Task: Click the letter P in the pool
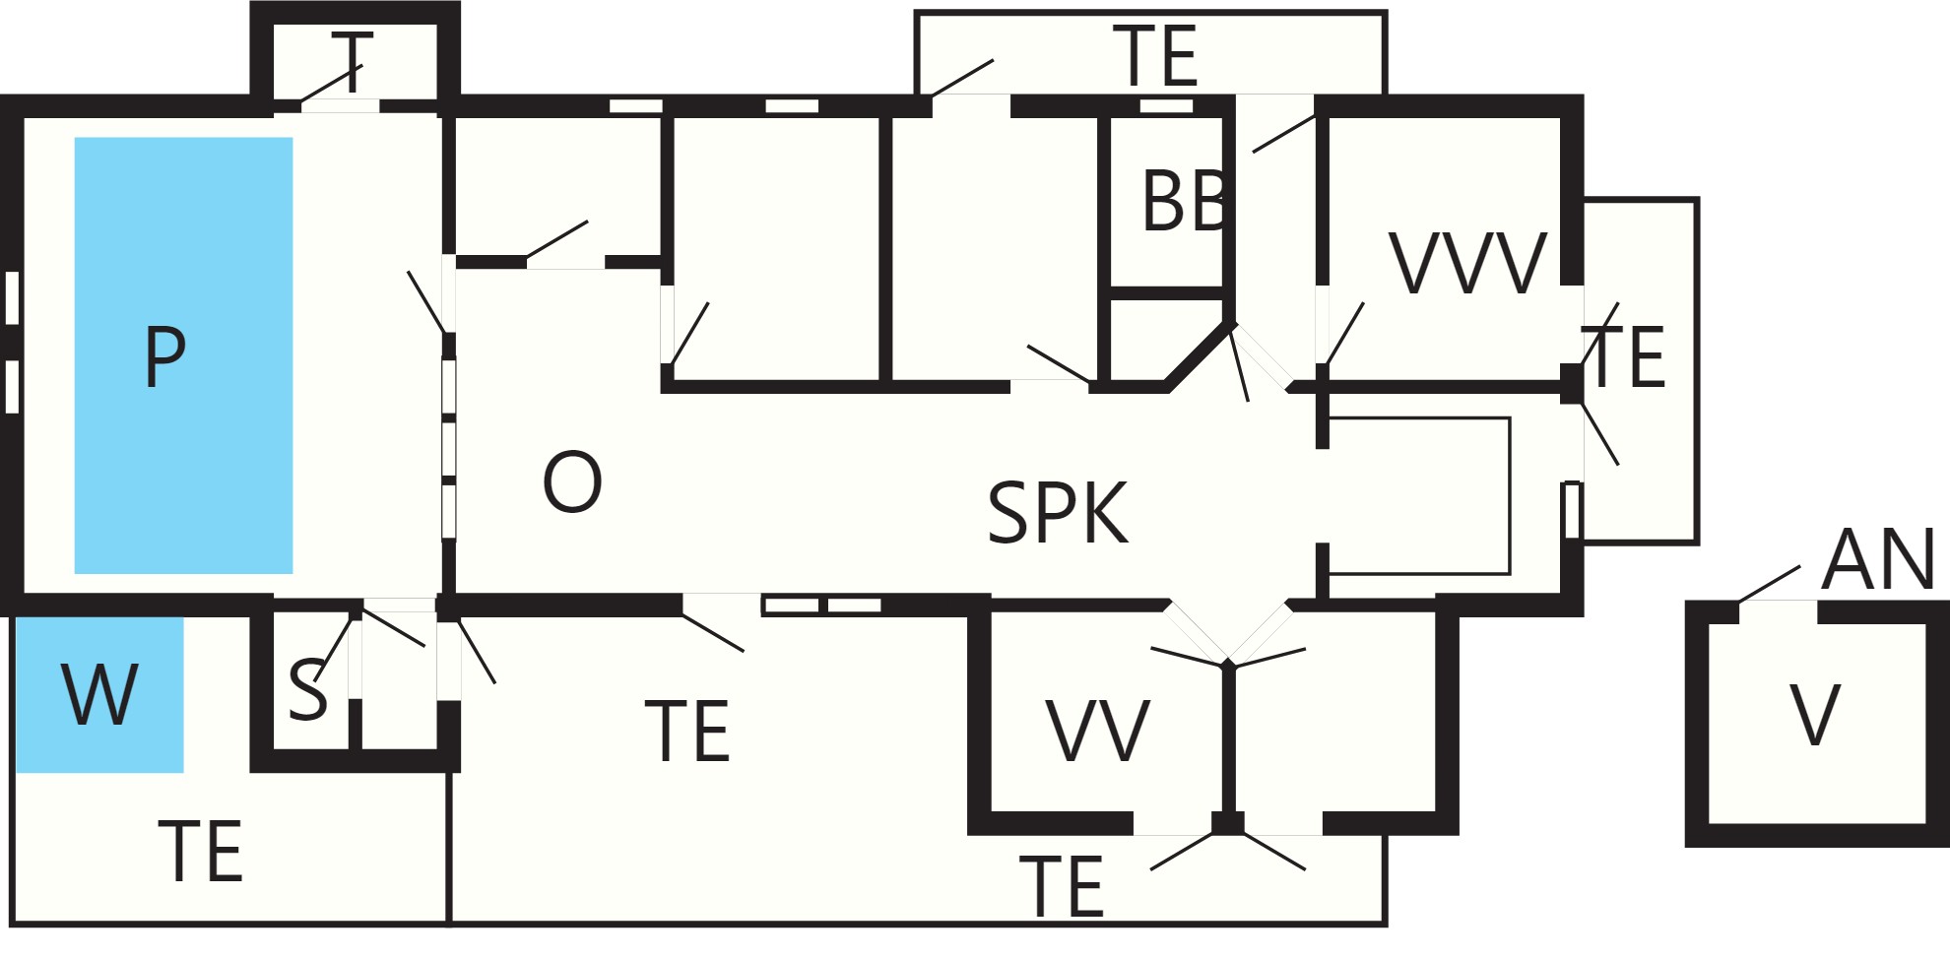[164, 356]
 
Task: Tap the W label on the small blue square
[99, 694]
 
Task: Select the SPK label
[1058, 512]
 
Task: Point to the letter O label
[572, 481]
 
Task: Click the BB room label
[1185, 201]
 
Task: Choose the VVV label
[1468, 263]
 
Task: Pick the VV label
[1098, 731]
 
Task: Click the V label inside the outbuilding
[1815, 715]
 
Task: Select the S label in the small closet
[307, 689]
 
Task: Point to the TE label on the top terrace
[1154, 56]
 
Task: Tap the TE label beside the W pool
[200, 851]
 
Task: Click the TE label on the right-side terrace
[1625, 356]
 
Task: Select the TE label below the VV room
[1061, 886]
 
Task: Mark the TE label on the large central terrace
[686, 731]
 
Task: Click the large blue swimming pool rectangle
[183, 355]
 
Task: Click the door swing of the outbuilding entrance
[1770, 584]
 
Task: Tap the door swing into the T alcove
[332, 83]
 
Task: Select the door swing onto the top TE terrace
[962, 78]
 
